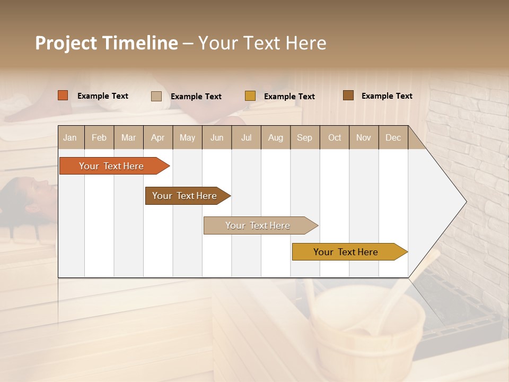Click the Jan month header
tap(70, 137)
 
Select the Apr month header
tap(157, 137)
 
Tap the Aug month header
tap(275, 137)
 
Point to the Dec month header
tap(393, 137)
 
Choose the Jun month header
tap(216, 137)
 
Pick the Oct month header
tap(334, 137)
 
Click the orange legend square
tap(63, 95)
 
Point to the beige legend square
tap(156, 96)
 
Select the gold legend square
tap(250, 96)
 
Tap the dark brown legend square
tap(348, 95)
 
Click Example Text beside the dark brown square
tap(387, 96)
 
